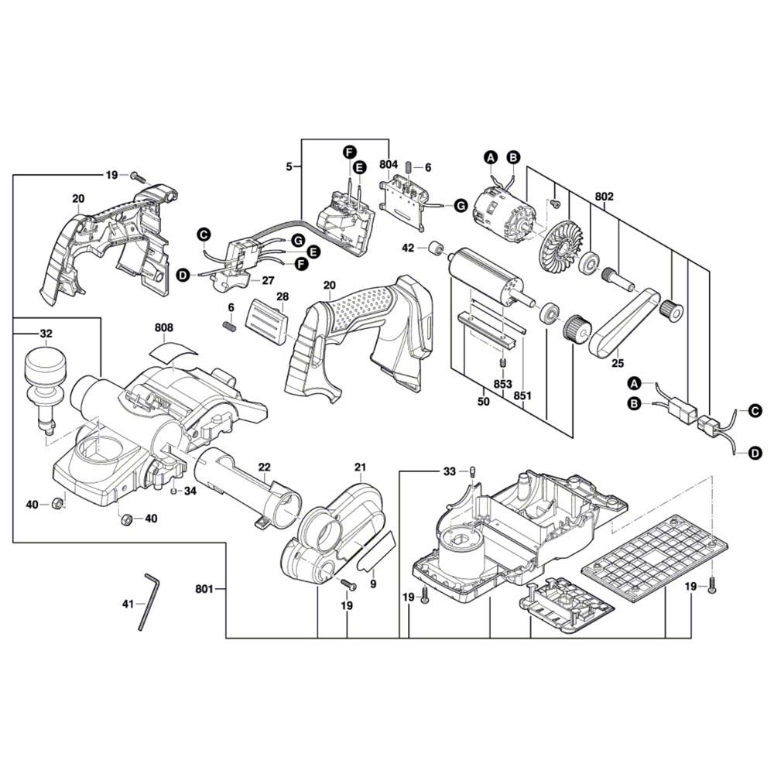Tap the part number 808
164,327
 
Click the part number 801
204,590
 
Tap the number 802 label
604,197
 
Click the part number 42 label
408,248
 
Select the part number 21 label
360,467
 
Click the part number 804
389,165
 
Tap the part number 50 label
484,402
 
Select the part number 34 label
190,490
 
